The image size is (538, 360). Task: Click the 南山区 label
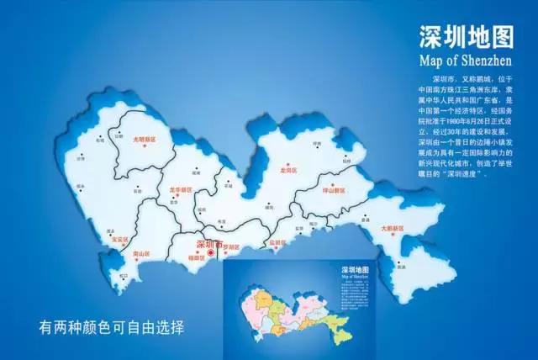(140, 252)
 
